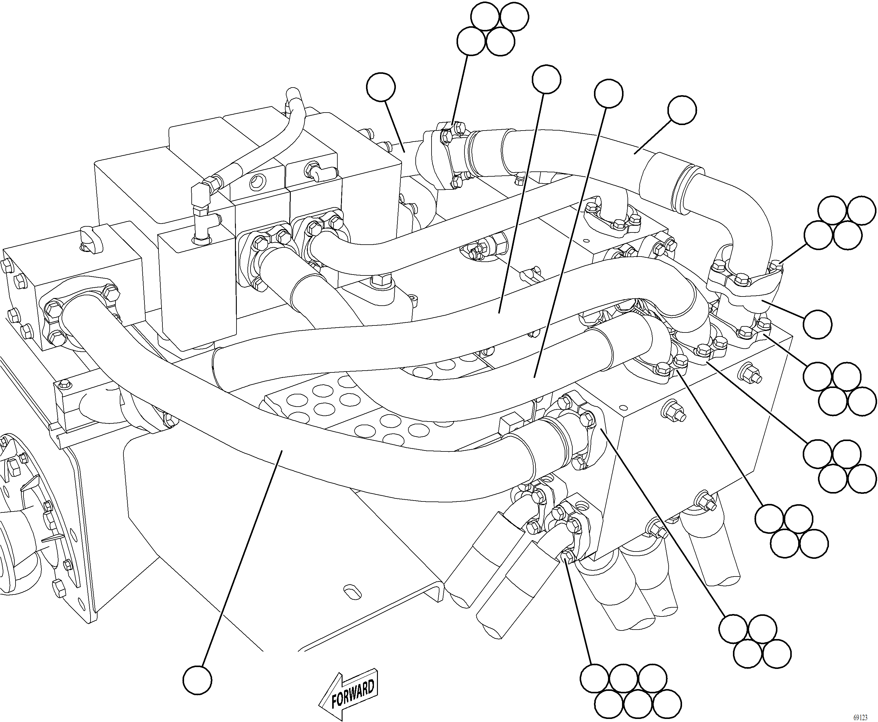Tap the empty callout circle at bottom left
[197, 680]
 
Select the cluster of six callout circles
[631, 694]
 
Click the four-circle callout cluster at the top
[493, 29]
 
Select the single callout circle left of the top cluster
[381, 87]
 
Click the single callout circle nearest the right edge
[817, 324]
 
